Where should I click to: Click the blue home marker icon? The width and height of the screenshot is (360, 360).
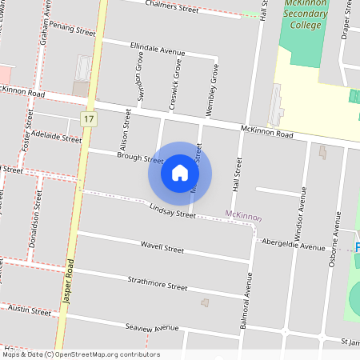[180, 173]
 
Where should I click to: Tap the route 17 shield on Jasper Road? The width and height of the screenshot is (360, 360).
[89, 119]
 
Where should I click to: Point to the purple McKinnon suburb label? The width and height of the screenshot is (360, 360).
[243, 215]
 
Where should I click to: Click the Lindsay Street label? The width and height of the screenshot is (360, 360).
[172, 211]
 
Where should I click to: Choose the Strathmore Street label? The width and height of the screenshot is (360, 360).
[157, 284]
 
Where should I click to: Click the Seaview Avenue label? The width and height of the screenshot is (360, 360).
[152, 327]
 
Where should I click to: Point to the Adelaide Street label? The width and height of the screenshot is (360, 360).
[56, 138]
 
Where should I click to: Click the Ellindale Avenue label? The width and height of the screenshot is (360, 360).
[157, 50]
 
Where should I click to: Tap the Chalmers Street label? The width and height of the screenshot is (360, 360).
[172, 7]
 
